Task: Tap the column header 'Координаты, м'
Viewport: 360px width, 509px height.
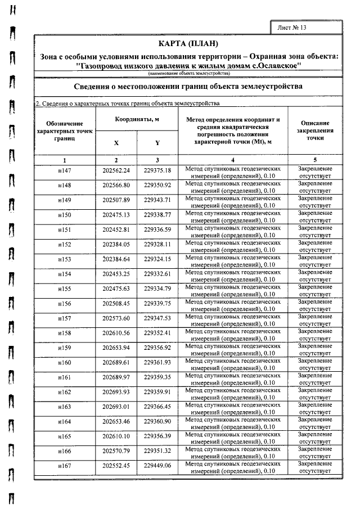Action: point(137,120)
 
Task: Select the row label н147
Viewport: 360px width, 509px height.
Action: point(65,170)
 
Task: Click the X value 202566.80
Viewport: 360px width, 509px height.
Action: point(116,185)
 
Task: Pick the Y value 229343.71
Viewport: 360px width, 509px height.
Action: point(157,200)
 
